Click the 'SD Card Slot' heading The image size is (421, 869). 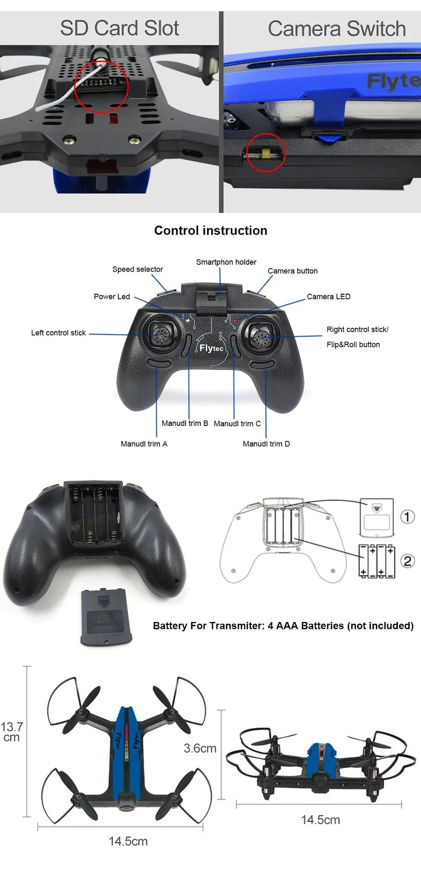tap(119, 28)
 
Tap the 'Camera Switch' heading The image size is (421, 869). tap(337, 29)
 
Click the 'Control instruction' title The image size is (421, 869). tap(210, 230)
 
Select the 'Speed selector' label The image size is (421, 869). tap(138, 269)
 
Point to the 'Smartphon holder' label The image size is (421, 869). tap(226, 262)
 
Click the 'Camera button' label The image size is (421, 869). tap(292, 271)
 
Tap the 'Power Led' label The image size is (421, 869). tap(112, 296)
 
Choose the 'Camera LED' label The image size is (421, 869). tap(328, 296)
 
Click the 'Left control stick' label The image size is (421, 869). tap(58, 332)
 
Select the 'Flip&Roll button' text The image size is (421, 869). tap(353, 345)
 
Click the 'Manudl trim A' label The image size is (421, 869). tap(144, 444)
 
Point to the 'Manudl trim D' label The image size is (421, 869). tap(266, 444)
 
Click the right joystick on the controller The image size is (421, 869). tap(262, 336)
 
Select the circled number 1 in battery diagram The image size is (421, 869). tap(407, 517)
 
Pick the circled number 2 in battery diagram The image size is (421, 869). tap(408, 561)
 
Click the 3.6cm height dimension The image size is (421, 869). tap(200, 748)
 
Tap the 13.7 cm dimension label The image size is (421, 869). tap(12, 731)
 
